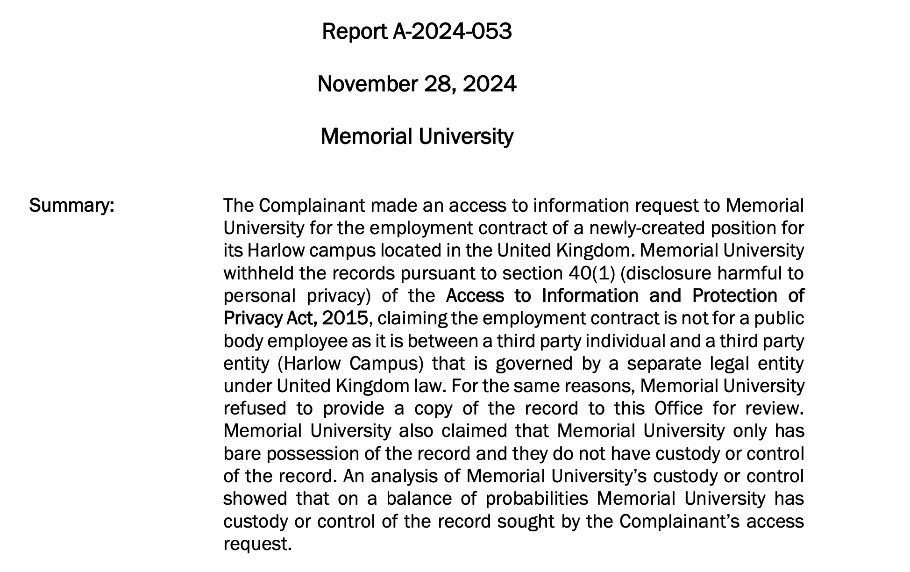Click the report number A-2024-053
point(451,32)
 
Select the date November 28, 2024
point(417,84)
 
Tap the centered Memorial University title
point(417,136)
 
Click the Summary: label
point(71,206)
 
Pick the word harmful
point(739,273)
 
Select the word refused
point(255,408)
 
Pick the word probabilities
point(537,499)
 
